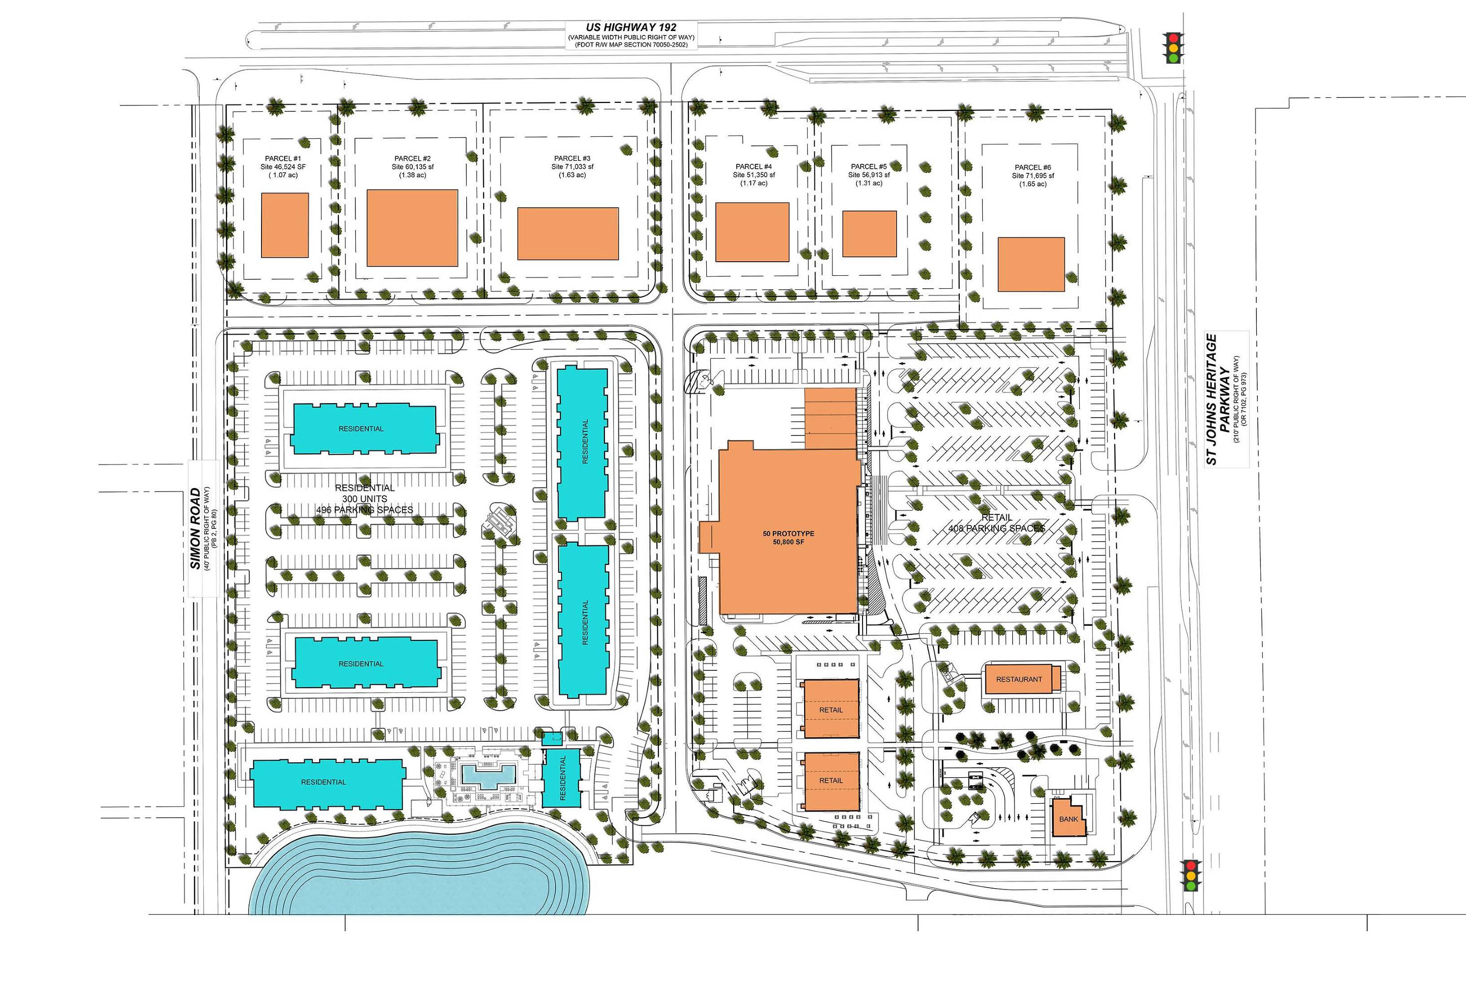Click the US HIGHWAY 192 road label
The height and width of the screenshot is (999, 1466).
click(x=630, y=27)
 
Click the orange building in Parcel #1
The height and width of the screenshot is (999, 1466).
click(x=285, y=225)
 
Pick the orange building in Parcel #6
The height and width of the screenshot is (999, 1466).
click(x=1031, y=264)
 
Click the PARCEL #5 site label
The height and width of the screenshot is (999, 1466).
click(x=869, y=175)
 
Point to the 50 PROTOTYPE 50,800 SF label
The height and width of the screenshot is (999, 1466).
click(x=789, y=537)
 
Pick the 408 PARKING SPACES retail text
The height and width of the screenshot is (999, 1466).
click(x=997, y=528)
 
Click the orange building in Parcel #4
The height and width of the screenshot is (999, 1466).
click(x=752, y=232)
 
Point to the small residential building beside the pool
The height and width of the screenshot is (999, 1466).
click(x=562, y=778)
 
